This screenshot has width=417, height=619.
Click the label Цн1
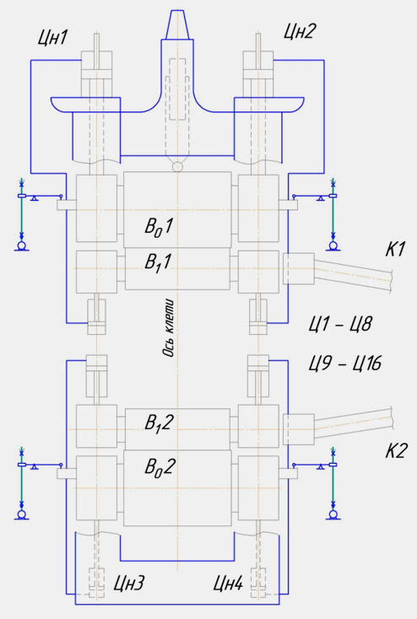click(53, 39)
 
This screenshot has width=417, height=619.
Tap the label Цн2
click(300, 31)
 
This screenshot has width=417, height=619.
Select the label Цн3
click(129, 584)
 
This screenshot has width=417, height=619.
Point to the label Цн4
click(228, 584)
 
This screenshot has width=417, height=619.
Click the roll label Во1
click(159, 227)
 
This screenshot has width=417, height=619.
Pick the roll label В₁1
click(159, 262)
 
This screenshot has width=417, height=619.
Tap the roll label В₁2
click(159, 423)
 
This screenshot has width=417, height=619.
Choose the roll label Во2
click(160, 468)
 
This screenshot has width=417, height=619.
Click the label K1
click(395, 250)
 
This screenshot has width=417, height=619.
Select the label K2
click(396, 450)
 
